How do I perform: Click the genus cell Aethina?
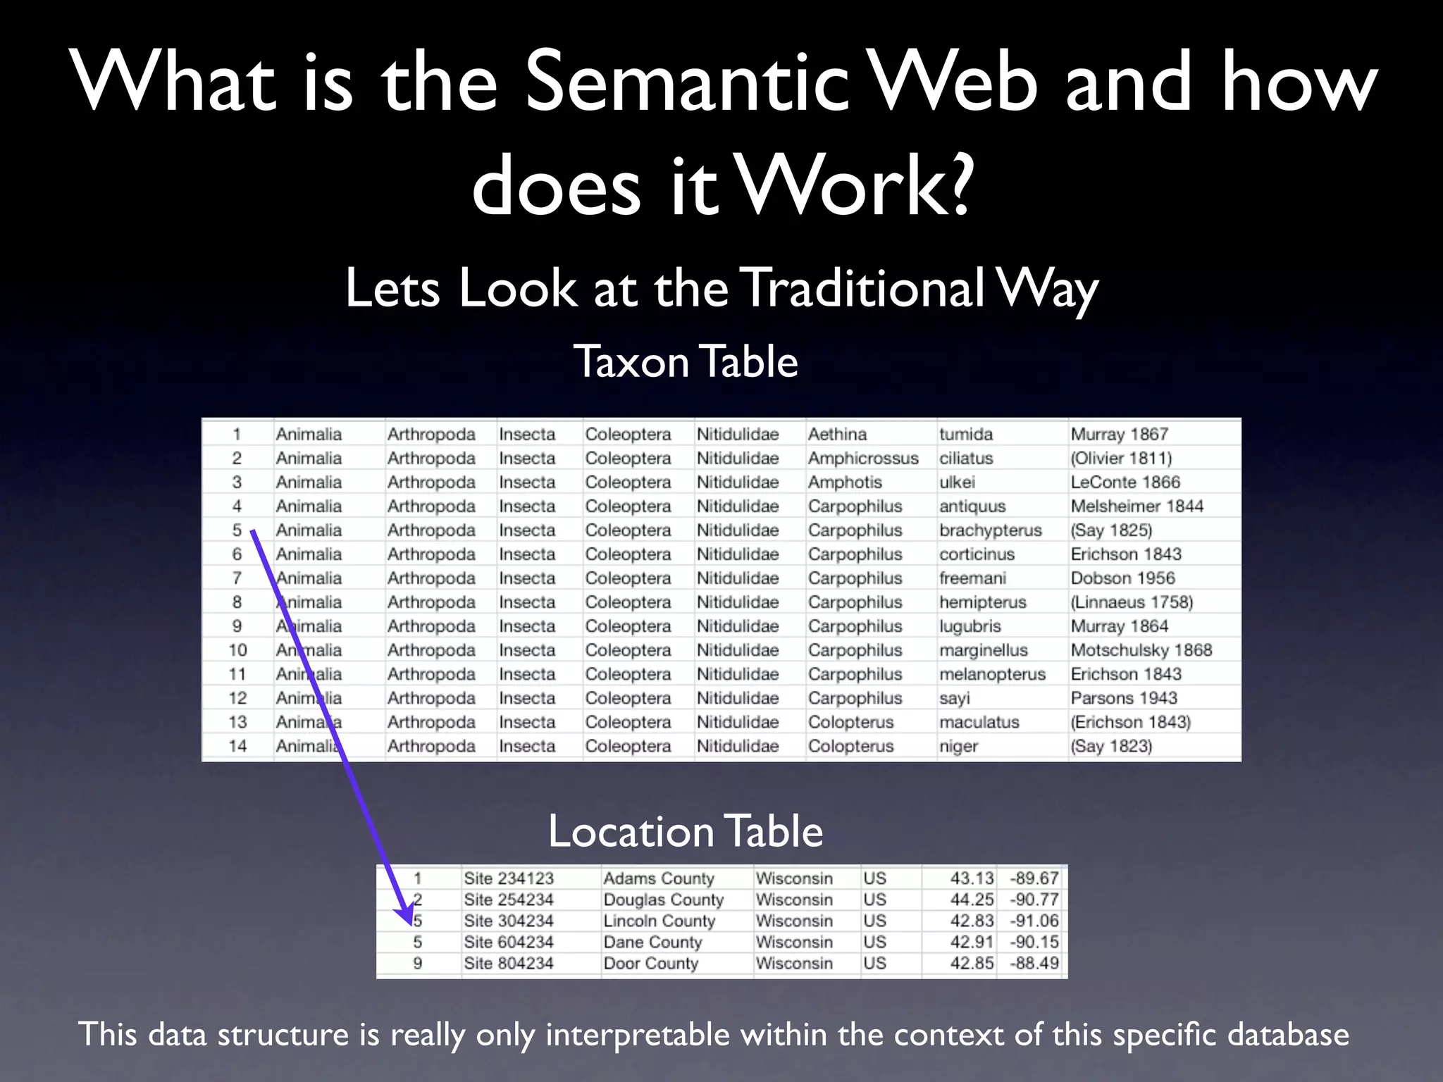tap(837, 435)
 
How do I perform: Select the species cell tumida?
tap(965, 435)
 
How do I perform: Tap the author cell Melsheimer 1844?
tap(1137, 506)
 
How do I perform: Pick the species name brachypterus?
tap(990, 530)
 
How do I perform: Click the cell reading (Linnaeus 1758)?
tap(1132, 602)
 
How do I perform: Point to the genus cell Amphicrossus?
tap(863, 459)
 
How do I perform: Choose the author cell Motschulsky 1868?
tap(1141, 650)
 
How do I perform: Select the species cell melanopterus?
tap(992, 674)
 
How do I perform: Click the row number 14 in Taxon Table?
tap(237, 746)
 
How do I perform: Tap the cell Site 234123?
tap(509, 878)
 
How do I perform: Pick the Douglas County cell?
tap(663, 900)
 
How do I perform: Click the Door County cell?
tap(650, 963)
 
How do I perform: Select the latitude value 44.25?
tap(972, 900)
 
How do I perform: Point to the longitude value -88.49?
tap(1034, 963)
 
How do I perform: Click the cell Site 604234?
tap(509, 942)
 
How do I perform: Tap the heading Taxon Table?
tap(686, 361)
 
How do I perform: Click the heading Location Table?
tap(686, 831)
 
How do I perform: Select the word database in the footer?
tap(1288, 1034)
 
